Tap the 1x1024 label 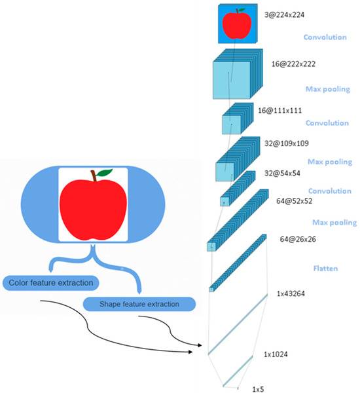click(277, 354)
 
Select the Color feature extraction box click(52, 283)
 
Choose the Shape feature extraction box click(139, 304)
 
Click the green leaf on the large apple click(105, 173)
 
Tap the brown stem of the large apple click(95, 176)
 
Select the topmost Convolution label click(325, 37)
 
